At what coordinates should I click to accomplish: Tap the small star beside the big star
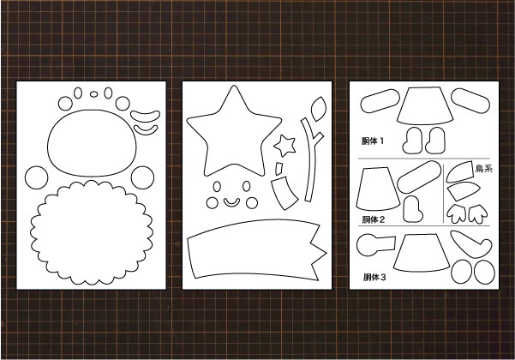[284, 145]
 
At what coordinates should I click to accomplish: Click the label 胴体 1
[373, 141]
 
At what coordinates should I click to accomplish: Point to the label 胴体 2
[373, 219]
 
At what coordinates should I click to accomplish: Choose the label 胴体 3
[374, 277]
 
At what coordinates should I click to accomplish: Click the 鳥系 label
[484, 169]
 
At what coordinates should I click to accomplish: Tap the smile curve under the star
[231, 204]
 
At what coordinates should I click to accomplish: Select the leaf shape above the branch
[318, 109]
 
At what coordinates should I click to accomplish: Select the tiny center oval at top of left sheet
[93, 94]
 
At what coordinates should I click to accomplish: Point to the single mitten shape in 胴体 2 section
[412, 209]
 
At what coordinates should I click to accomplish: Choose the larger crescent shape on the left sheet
[145, 117]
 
